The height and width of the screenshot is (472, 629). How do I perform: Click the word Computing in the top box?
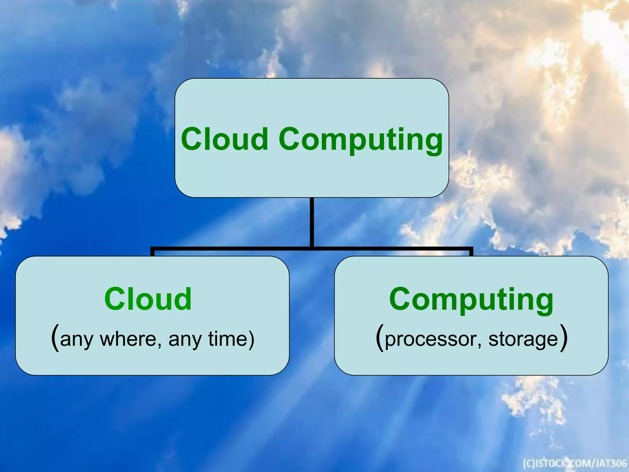point(361,140)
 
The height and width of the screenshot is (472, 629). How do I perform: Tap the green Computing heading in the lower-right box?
point(471,300)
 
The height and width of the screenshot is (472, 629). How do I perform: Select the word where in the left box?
point(128,339)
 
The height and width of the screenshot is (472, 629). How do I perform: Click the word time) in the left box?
point(231,339)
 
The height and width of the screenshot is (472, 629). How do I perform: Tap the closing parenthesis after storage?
point(563,337)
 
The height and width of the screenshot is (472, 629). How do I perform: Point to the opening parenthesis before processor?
point(380,337)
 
